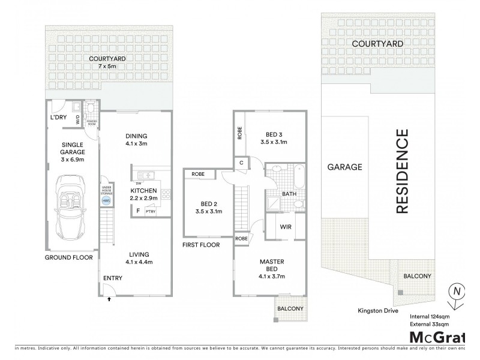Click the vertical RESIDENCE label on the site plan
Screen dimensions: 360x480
(x=401, y=172)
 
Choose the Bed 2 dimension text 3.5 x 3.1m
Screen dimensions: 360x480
(x=209, y=211)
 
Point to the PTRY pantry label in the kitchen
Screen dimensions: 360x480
(x=151, y=211)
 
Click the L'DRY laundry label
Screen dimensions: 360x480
(x=58, y=117)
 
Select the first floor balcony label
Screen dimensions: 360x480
(x=290, y=309)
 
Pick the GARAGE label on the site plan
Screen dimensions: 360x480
(x=344, y=167)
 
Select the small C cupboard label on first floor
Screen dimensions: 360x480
(x=241, y=163)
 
